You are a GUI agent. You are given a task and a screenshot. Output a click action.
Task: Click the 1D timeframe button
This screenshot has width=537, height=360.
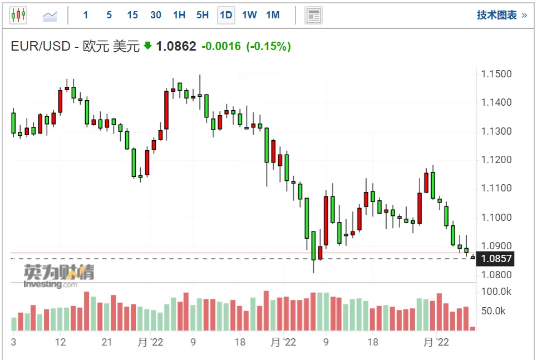(226, 15)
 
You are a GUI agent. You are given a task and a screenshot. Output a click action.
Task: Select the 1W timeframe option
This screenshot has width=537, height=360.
(249, 15)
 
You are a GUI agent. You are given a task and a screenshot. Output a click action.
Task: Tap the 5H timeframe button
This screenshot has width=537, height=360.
(203, 15)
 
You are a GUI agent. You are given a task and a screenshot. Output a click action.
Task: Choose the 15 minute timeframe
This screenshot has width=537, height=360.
(132, 15)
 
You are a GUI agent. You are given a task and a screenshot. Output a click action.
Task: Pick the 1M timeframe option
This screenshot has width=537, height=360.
(273, 15)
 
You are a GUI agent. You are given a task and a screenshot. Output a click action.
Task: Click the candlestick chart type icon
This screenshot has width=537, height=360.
(18, 16)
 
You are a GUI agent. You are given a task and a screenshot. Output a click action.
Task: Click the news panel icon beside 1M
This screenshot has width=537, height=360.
(314, 16)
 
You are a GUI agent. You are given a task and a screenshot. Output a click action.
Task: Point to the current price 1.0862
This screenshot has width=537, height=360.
(176, 46)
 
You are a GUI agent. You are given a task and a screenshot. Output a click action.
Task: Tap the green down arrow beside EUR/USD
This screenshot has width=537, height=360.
(147, 46)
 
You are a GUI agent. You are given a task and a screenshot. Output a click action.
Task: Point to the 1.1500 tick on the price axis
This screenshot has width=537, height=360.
(497, 75)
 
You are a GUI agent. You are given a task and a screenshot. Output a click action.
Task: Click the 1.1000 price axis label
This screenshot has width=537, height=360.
(497, 217)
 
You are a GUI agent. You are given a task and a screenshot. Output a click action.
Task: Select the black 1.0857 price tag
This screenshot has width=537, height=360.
(496, 259)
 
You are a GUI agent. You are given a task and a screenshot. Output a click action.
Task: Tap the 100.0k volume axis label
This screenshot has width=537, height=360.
(496, 291)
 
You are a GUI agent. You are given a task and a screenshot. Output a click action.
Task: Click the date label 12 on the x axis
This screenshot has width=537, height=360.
(61, 342)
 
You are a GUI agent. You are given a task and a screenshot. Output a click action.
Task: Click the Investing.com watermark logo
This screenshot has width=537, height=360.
(58, 276)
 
